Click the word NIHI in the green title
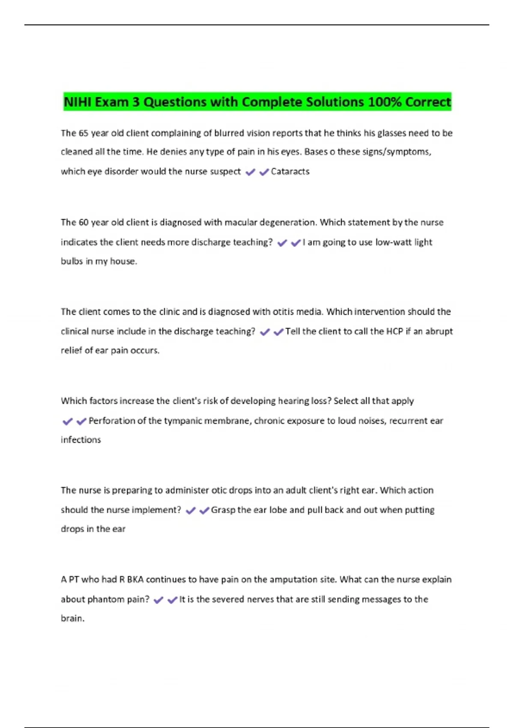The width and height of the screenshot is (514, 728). pos(78,102)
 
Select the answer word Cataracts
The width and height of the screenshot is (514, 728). pos(290,172)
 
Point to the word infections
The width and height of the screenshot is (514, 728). pos(81,440)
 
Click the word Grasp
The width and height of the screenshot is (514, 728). pos(223,510)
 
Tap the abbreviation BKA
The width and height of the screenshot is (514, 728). pos(135,580)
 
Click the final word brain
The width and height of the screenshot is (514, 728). pos(72,618)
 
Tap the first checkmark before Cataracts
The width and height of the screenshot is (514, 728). pos(251,172)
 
